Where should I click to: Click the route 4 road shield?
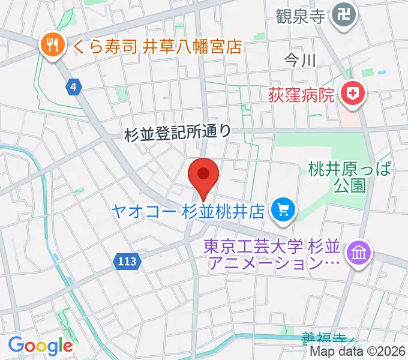point(73,88)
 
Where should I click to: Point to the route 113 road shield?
point(127,261)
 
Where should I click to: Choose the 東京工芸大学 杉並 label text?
point(272,246)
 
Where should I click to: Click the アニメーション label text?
point(275,262)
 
